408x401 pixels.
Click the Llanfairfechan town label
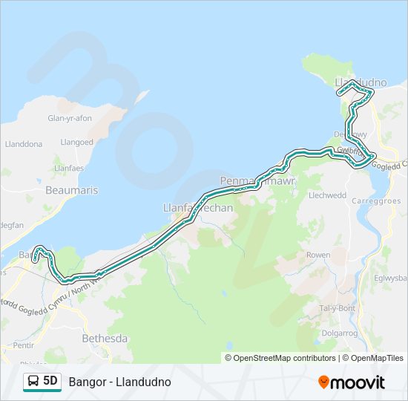(x=197, y=209)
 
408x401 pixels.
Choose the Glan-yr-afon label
(x=69, y=118)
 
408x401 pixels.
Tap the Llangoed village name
(x=77, y=142)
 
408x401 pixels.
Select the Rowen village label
(x=318, y=255)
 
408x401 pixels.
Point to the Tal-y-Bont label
(x=338, y=308)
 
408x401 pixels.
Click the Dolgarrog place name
(x=339, y=333)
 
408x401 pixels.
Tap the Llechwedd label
(x=327, y=195)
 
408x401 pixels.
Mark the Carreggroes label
(x=376, y=201)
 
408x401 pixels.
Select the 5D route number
(x=50, y=382)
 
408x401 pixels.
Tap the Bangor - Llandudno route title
(x=119, y=382)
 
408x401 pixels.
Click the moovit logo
(x=352, y=382)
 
